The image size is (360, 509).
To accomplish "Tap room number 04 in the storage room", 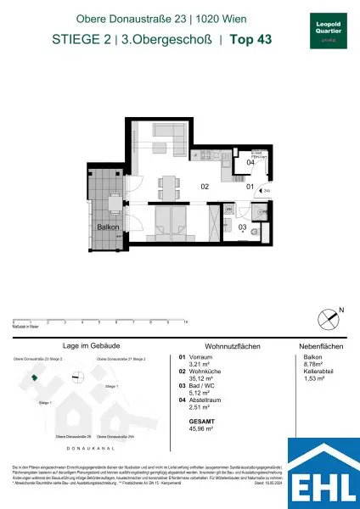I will pos(250,162).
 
